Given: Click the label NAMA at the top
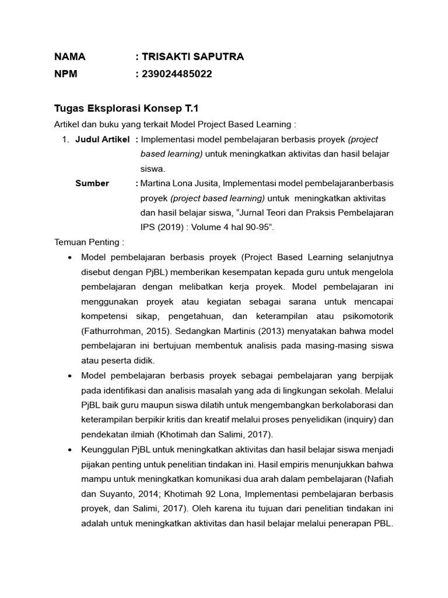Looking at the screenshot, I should [70, 57].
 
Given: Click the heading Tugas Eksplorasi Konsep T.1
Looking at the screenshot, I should [127, 109].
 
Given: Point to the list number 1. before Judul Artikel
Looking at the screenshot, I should [66, 140].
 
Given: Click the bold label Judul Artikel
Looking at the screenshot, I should [102, 140].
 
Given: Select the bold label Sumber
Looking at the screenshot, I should [92, 183].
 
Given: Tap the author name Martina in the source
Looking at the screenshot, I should [156, 183].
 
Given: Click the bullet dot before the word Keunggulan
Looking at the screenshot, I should [70, 450].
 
